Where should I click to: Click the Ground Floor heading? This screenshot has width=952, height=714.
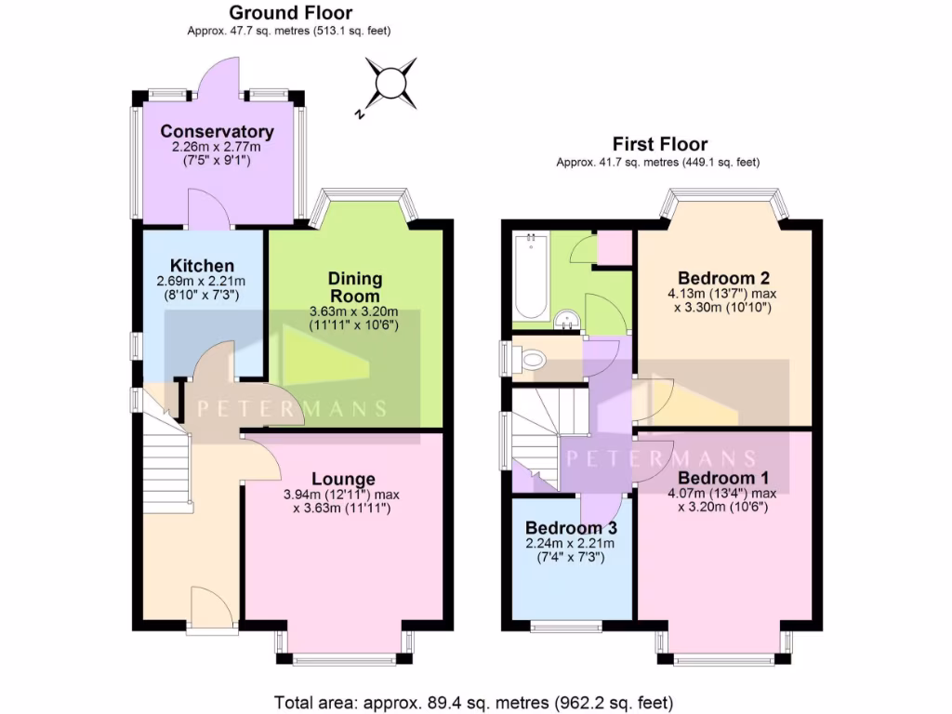coord(290,13)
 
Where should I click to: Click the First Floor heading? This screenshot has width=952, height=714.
coord(659,144)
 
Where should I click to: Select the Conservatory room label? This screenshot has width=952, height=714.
coord(217,132)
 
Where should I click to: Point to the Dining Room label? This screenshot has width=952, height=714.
coord(354,287)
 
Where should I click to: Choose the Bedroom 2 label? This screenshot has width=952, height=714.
coord(724,278)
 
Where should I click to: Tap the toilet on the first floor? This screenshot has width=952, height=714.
coord(533,359)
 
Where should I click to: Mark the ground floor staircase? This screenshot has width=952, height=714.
coord(166,465)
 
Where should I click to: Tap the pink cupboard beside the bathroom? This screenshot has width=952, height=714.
coord(614,248)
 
